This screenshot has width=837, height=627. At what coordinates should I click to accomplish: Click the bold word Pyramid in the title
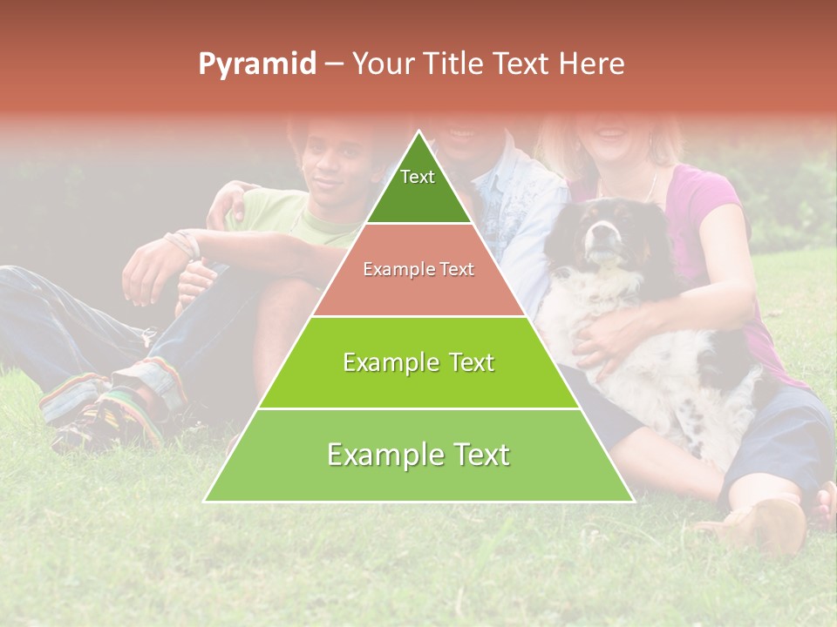click(x=257, y=64)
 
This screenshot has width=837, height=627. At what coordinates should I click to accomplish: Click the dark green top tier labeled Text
click(x=418, y=183)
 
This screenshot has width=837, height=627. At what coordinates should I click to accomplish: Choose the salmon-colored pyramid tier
click(x=418, y=270)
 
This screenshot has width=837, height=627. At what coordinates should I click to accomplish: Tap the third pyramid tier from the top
click(x=418, y=362)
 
